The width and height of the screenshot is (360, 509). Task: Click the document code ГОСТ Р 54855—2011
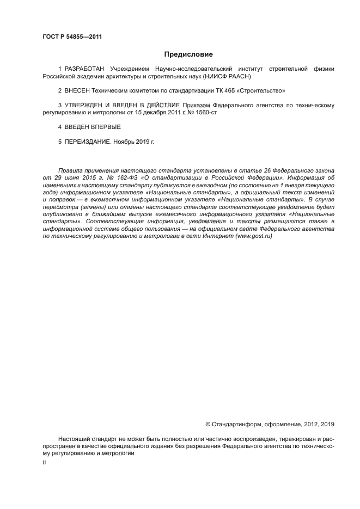pyautogui.click(x=72, y=36)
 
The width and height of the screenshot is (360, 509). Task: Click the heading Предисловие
pyautogui.click(x=188, y=54)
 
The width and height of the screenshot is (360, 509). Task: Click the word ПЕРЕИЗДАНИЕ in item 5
pyautogui.click(x=88, y=142)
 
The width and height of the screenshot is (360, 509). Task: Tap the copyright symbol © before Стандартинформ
pyautogui.click(x=208, y=424)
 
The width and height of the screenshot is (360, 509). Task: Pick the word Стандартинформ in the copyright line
pyautogui.click(x=236, y=424)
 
